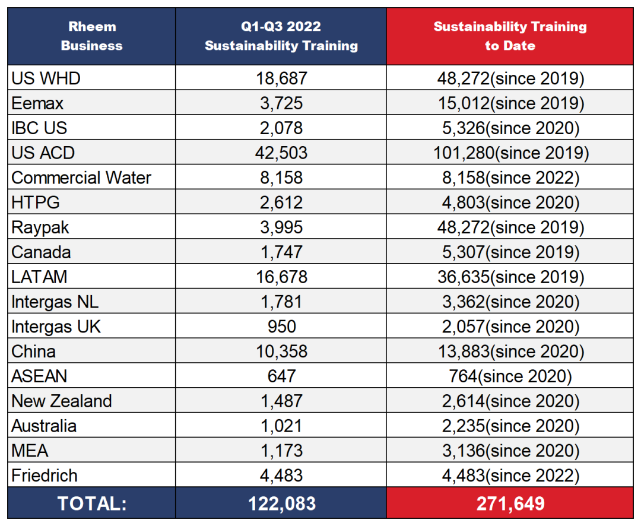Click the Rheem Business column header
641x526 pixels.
91,36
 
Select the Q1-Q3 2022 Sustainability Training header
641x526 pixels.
281,36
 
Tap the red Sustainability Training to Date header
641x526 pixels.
510,36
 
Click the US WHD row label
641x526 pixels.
46,78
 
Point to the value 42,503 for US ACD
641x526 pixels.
281,153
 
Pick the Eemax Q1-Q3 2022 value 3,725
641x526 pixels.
281,103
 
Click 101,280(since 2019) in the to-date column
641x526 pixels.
510,153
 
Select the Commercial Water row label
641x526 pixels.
81,178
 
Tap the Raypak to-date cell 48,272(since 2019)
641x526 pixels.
510,227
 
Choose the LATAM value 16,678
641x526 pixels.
281,277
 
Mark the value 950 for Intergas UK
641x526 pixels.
281,327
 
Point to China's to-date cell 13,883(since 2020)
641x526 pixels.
510,351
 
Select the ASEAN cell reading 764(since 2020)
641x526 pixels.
510,376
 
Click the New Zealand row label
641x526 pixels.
61,401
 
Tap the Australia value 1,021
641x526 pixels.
281,426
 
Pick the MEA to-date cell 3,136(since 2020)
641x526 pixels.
510,451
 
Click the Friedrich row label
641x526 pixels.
45,476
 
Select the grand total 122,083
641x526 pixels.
281,503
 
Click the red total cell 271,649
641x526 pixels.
510,503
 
